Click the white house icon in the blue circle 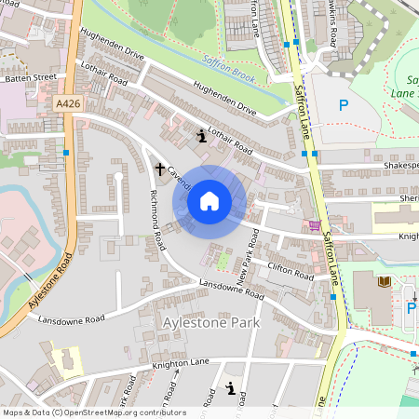coord(209,200)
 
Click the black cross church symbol coord(159,169)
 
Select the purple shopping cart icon coord(315,224)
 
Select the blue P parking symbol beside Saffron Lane coord(345,105)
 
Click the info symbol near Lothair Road coord(201,136)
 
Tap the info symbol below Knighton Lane coord(230,392)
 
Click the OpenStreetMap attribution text coord(93,412)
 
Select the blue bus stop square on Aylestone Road coord(66,152)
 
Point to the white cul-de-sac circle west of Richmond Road coord(118,174)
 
